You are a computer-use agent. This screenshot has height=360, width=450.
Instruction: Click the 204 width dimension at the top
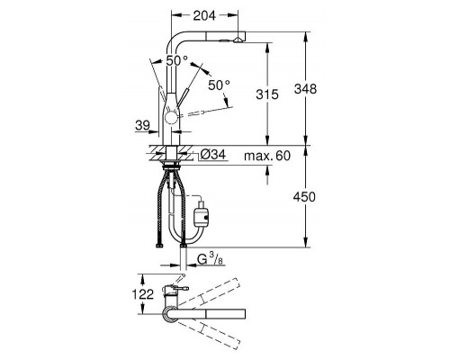(x=204, y=15)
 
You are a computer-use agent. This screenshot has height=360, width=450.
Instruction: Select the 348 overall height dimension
(x=305, y=89)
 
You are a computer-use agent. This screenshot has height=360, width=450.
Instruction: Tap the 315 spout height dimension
(x=267, y=94)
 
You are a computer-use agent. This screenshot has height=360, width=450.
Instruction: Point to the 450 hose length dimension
(x=304, y=197)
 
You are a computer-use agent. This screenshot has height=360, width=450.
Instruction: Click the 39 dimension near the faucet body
(x=142, y=125)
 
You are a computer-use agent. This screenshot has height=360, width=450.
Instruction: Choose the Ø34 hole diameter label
(x=212, y=155)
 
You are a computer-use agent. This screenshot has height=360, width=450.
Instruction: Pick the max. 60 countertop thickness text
(x=267, y=156)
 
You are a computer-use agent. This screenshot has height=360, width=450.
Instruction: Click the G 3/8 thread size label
(x=211, y=258)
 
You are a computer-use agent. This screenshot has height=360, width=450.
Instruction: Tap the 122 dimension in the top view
(x=143, y=294)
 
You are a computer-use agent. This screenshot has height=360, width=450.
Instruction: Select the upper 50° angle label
(x=177, y=61)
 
